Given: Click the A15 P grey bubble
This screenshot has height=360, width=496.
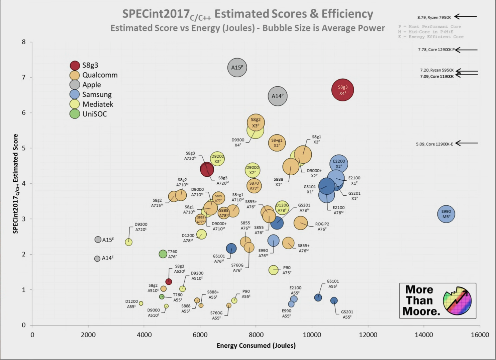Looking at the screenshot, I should (x=237, y=68).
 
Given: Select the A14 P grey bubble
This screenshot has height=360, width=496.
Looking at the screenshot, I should (x=277, y=96).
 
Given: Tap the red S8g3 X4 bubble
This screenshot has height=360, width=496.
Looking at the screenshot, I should (x=342, y=90).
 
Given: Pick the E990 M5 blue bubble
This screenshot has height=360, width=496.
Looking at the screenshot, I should (x=446, y=214).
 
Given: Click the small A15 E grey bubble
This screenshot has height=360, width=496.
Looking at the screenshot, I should (x=98, y=240).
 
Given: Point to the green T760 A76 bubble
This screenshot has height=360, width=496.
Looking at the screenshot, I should (x=163, y=254).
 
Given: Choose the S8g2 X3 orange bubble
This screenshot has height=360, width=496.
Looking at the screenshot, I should (x=256, y=122).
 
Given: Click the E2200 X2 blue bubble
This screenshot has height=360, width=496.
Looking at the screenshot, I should (x=338, y=164).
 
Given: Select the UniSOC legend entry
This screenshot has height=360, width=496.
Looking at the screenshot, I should (x=94, y=114).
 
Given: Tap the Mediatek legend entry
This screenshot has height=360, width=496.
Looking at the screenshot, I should (x=98, y=104).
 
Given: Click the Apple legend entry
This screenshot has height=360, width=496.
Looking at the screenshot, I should (x=91, y=85).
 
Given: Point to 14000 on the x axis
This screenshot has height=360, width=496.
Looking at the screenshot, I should (x=424, y=335).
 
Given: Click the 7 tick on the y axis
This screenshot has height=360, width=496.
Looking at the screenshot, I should (x=23, y=78).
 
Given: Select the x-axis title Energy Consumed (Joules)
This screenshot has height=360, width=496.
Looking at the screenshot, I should (x=256, y=346).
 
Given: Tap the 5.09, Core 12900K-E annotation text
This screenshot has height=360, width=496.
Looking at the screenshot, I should (x=434, y=144).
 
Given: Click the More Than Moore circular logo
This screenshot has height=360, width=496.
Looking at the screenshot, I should (x=457, y=301).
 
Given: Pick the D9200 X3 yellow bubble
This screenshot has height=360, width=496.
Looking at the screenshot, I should (x=217, y=159).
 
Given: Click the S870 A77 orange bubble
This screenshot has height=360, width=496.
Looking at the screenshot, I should (x=254, y=186).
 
